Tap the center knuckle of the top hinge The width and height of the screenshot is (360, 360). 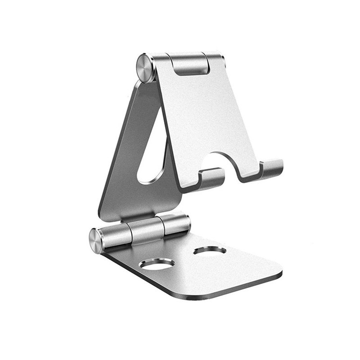tap(191, 64)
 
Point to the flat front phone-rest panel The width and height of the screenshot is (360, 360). tap(206, 120)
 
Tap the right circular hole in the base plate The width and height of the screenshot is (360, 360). tap(210, 250)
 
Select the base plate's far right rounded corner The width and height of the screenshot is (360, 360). tap(276, 266)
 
